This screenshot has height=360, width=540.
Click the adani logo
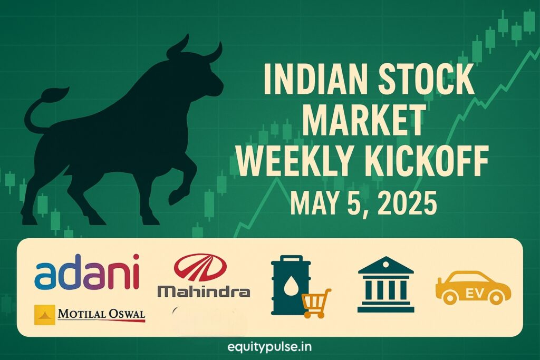click(87, 271)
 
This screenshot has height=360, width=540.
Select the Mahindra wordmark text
click(204, 292)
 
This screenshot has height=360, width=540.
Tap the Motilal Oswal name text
click(102, 315)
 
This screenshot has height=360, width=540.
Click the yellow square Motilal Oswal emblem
click(44, 315)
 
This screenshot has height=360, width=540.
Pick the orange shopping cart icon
click(316, 303)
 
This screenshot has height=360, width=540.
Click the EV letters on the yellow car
click(474, 294)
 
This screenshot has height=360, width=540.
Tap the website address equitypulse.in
click(269, 347)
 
